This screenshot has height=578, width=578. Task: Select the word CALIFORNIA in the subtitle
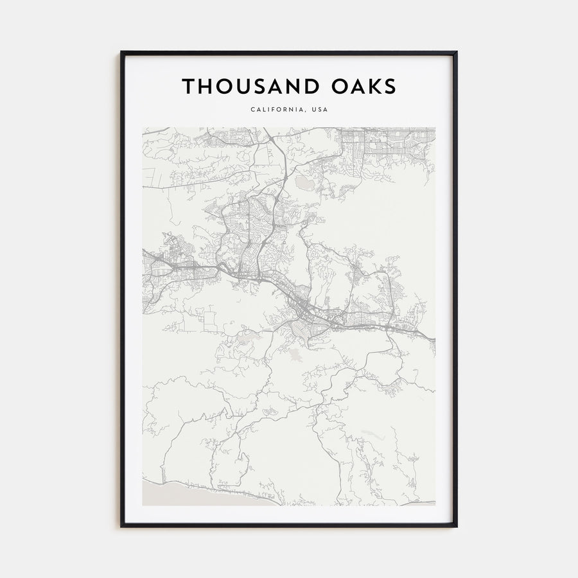coord(278,109)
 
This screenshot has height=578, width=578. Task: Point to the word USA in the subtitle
coord(320,109)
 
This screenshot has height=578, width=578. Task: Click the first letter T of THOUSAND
coord(188,86)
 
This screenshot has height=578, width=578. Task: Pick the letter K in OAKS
coord(375,86)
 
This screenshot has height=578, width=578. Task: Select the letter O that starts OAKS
coord(338,86)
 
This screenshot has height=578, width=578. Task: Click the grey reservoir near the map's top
coord(305,185)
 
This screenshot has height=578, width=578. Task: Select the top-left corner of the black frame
coord(122,53)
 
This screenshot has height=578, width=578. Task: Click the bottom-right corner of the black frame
coord(456,526)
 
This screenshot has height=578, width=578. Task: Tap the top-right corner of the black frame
coord(456,53)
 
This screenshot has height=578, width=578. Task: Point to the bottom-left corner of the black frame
coord(122,526)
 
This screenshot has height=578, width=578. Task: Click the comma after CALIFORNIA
coord(307,111)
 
